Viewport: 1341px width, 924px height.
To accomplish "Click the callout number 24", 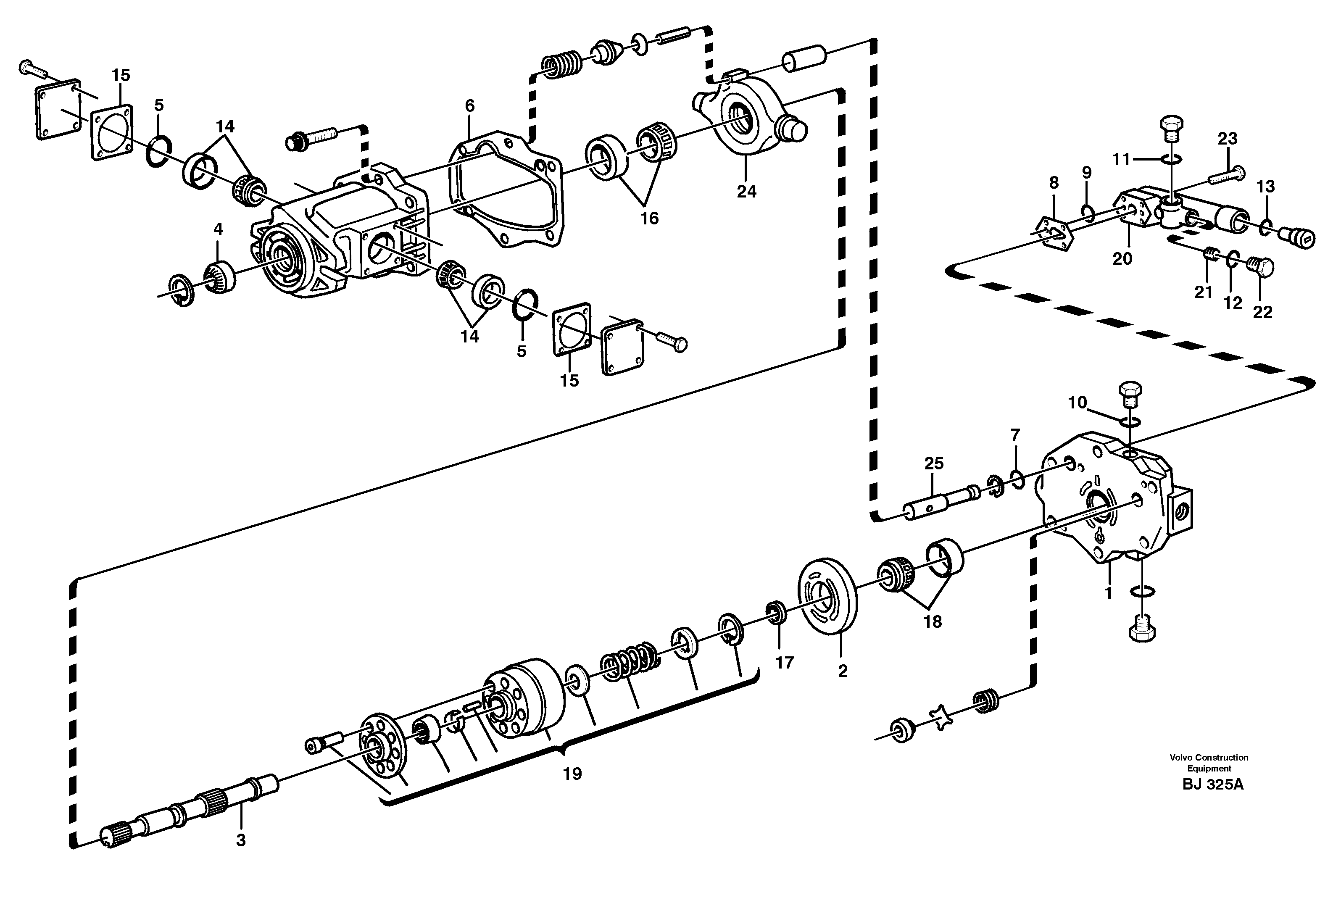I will click(x=746, y=192).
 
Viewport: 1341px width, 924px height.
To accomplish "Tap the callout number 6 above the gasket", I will click(x=469, y=106).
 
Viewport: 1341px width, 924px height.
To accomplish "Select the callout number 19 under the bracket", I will click(x=572, y=774).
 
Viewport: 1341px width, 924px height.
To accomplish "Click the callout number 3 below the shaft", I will click(x=241, y=840).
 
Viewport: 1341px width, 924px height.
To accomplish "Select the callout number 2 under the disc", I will click(x=843, y=671).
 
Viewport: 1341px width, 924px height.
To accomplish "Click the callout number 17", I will click(x=785, y=662).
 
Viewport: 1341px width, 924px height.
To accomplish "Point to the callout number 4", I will click(x=218, y=230).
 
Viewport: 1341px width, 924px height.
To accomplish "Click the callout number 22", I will click(x=1262, y=312).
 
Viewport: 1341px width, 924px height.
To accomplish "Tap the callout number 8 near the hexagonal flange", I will click(x=1054, y=183).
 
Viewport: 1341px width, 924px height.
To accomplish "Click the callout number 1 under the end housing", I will click(x=1108, y=593).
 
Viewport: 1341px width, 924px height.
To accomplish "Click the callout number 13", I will click(x=1266, y=187).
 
